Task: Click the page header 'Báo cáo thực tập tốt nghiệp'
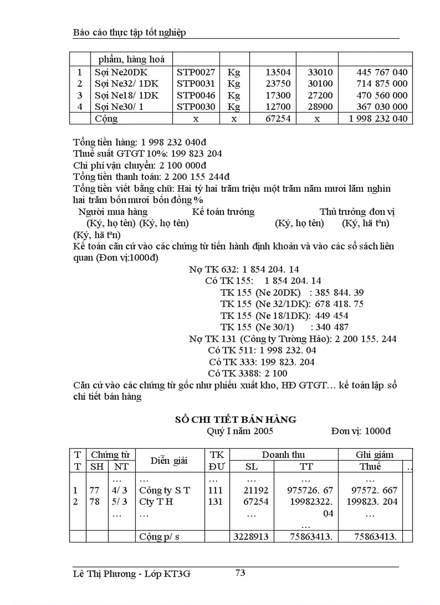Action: pyautogui.click(x=129, y=33)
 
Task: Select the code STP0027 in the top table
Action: pyautogui.click(x=196, y=72)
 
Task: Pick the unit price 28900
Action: pyautogui.click(x=320, y=107)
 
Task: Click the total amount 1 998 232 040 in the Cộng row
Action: pyautogui.click(x=374, y=119)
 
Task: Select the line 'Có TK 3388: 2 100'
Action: pyautogui.click(x=247, y=373)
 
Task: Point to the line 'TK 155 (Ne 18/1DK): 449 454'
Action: pyautogui.click(x=284, y=315)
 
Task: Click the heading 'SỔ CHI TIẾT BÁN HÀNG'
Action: pyautogui.click(x=236, y=419)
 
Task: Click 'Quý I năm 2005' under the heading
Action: pyautogui.click(x=240, y=431)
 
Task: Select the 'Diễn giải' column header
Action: pyautogui.click(x=168, y=460)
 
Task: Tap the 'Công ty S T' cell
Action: pyautogui.click(x=164, y=490)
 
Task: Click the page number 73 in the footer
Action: pyautogui.click(x=240, y=573)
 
